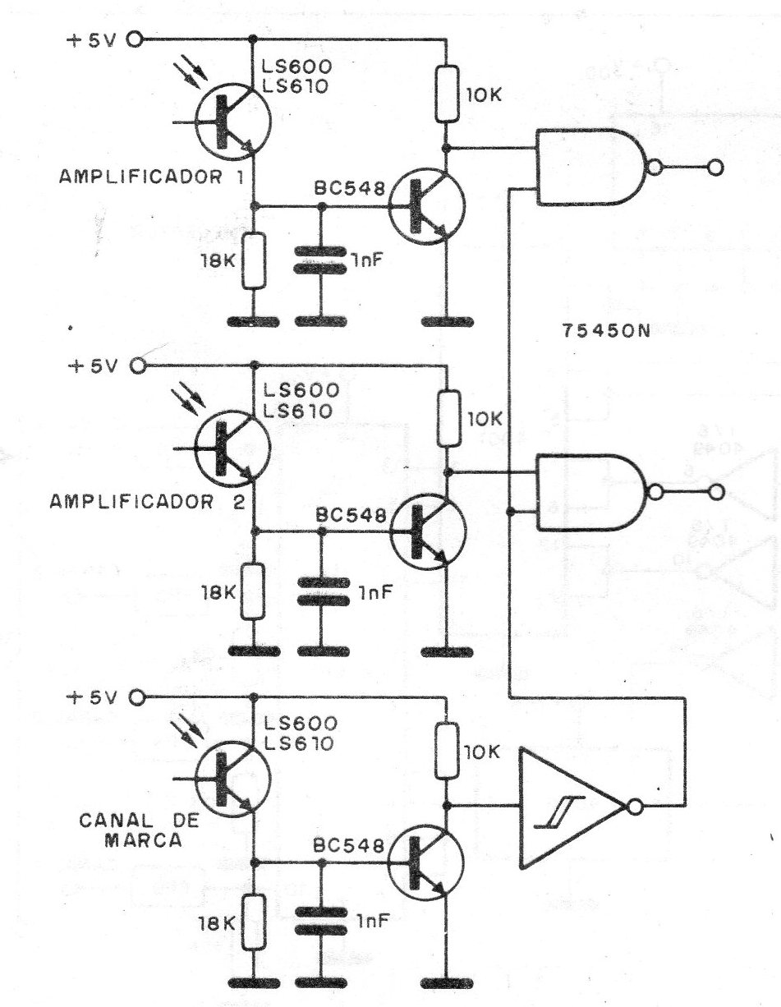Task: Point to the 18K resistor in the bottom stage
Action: click(x=255, y=922)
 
